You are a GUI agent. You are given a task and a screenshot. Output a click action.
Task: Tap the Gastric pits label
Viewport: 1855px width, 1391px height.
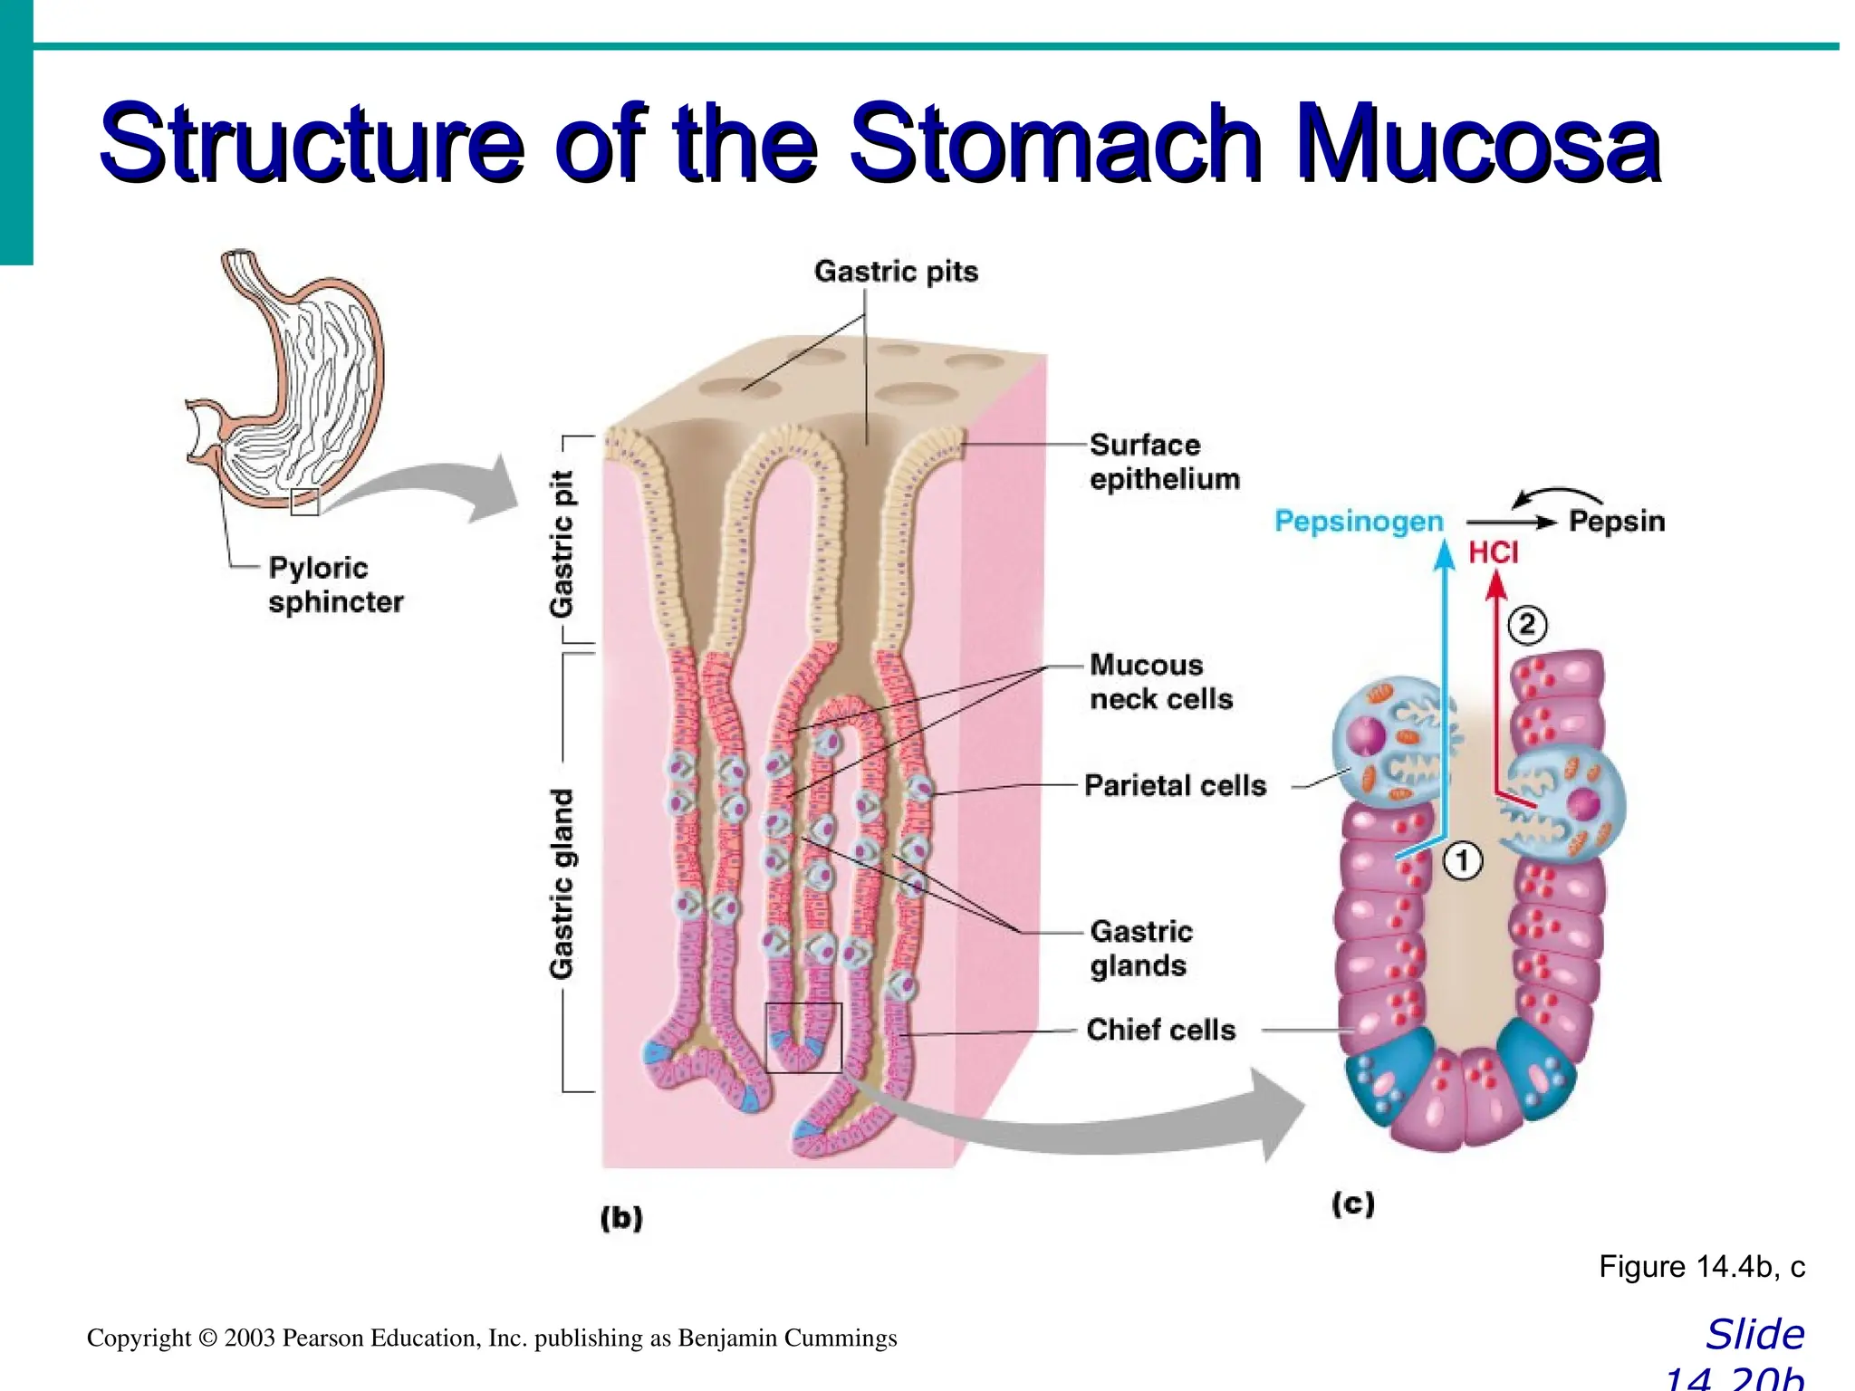pyautogui.click(x=896, y=272)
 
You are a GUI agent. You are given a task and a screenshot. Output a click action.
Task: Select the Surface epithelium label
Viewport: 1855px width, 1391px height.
pyautogui.click(x=1164, y=462)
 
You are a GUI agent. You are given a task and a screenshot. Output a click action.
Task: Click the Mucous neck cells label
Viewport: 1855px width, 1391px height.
pyautogui.click(x=1160, y=682)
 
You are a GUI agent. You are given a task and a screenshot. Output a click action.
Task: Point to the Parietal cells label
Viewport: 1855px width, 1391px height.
pyautogui.click(x=1175, y=785)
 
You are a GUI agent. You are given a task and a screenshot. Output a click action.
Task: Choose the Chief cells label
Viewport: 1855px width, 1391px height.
pyautogui.click(x=1160, y=1030)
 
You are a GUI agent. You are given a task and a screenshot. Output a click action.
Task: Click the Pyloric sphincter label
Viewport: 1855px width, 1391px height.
pyautogui.click(x=335, y=585)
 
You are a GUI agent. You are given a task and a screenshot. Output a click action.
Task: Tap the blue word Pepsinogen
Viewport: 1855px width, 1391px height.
pyautogui.click(x=1358, y=522)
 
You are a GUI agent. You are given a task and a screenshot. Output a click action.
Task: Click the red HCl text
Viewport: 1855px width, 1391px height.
pyautogui.click(x=1493, y=552)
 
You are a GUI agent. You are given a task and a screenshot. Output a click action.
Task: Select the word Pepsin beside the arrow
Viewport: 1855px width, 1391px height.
pyautogui.click(x=1616, y=522)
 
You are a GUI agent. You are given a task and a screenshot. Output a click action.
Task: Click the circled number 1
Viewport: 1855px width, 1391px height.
pyautogui.click(x=1463, y=860)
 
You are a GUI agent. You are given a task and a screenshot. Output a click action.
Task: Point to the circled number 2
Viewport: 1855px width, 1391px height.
pyautogui.click(x=1527, y=625)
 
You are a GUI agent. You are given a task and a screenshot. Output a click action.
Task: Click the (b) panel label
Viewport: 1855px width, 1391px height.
pyautogui.click(x=621, y=1217)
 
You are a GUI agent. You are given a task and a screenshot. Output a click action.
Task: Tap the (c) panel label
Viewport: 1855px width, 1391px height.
pyautogui.click(x=1353, y=1204)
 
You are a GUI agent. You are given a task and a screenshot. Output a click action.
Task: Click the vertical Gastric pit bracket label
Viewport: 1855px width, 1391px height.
pyautogui.click(x=562, y=543)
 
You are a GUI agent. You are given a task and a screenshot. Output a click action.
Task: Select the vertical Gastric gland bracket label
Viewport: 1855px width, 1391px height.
pyautogui.click(x=562, y=884)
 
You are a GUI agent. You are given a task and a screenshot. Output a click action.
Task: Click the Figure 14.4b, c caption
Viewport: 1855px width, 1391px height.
pyautogui.click(x=1701, y=1266)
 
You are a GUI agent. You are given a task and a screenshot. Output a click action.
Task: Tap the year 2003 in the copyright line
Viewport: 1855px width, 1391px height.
pyautogui.click(x=250, y=1338)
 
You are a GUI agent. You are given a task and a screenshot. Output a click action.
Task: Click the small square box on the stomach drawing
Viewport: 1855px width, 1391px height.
pyautogui.click(x=304, y=502)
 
